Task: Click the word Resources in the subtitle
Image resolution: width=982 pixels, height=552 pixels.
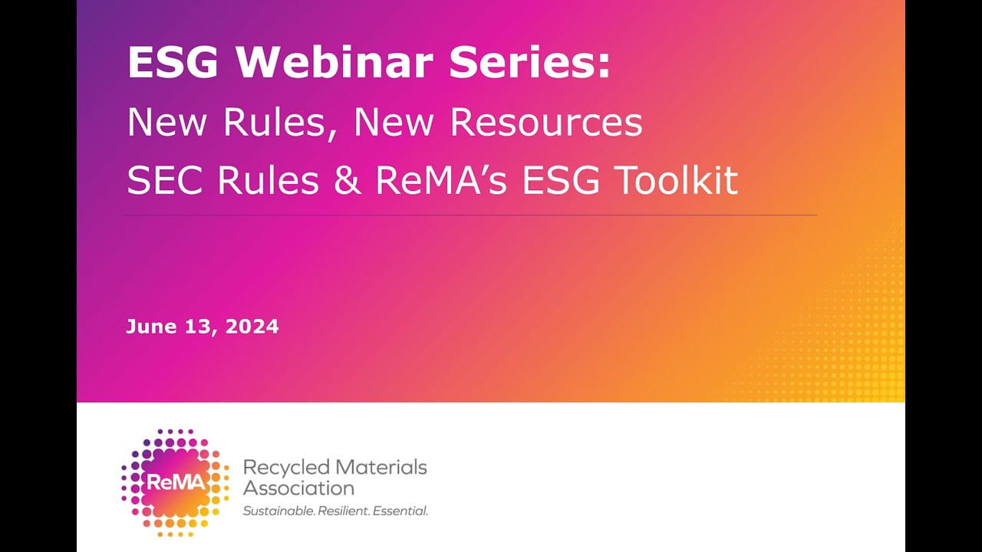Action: [546, 123]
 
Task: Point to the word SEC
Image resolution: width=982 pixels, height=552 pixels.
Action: [166, 181]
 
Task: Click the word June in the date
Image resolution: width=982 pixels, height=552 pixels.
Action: [152, 327]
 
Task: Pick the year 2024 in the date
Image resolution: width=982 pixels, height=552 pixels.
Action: [253, 327]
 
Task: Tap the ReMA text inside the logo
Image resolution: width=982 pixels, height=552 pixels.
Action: [175, 481]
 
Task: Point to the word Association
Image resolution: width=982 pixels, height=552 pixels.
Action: [298, 488]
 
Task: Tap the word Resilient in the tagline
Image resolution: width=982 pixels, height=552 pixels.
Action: [343, 511]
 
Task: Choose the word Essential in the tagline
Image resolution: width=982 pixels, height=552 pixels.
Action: [400, 511]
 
